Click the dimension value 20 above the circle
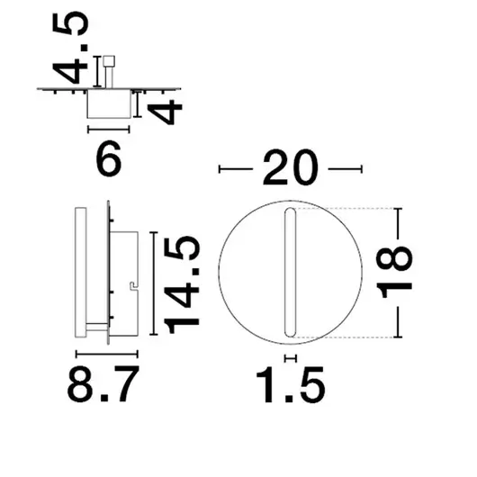[290, 168]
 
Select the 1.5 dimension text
[290, 387]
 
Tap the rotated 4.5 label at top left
[77, 45]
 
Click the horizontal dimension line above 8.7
[104, 355]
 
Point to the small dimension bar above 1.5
[290, 358]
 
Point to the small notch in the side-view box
[132, 287]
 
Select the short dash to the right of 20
[345, 168]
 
